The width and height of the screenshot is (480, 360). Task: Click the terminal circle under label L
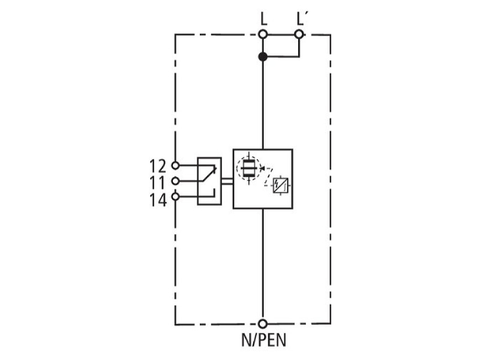[x=263, y=34]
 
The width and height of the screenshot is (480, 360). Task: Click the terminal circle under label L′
[x=299, y=34]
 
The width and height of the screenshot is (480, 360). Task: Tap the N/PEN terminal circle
[x=263, y=323]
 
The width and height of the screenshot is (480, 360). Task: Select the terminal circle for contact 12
[x=175, y=166]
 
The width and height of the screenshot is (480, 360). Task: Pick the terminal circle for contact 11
[x=175, y=181]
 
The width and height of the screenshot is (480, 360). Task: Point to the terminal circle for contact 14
[x=175, y=197]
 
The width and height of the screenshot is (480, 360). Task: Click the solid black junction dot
[x=263, y=56]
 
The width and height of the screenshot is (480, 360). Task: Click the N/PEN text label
[x=263, y=340]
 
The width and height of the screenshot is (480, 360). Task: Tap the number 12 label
[x=158, y=166]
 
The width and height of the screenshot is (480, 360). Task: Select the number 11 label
[x=158, y=183]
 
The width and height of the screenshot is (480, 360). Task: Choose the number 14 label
[x=158, y=200]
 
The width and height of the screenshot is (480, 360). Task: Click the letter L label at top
[x=263, y=19]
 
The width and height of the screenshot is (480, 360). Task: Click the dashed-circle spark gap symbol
[x=248, y=168]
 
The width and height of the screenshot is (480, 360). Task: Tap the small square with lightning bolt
[x=280, y=185]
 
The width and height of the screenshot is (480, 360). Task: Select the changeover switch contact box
[x=209, y=181]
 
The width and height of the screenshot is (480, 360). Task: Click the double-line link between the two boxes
[x=227, y=181]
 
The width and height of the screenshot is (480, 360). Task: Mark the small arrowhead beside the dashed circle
[x=262, y=168]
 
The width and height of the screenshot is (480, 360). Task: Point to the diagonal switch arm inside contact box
[x=208, y=175]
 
